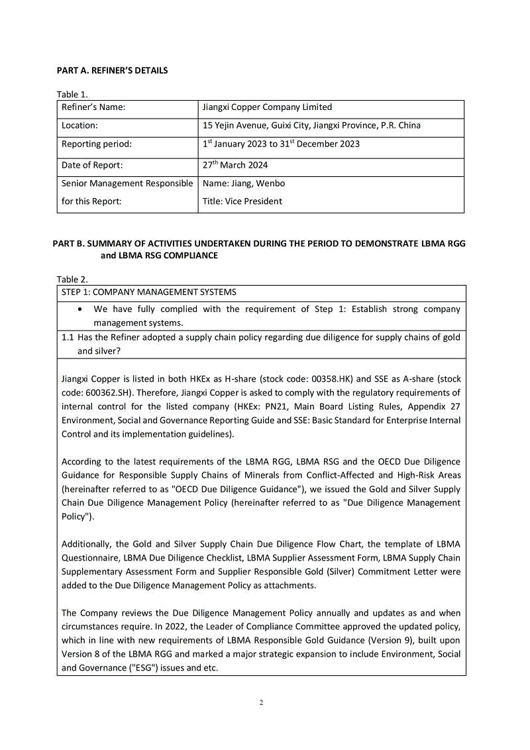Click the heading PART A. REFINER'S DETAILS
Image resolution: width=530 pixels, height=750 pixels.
tap(112, 71)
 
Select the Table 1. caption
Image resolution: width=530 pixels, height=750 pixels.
tap(72, 95)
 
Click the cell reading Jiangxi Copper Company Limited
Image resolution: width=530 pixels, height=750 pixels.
tap(267, 107)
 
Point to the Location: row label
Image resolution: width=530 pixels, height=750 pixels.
tap(79, 125)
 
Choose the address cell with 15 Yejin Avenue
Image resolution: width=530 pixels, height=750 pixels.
tap(311, 125)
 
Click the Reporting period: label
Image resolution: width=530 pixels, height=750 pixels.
tap(97, 144)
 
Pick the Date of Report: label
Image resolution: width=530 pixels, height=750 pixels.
tap(92, 165)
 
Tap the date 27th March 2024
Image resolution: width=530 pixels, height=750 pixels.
tap(235, 165)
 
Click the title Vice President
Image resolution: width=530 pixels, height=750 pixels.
tap(254, 201)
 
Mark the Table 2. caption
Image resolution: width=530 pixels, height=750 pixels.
tap(72, 280)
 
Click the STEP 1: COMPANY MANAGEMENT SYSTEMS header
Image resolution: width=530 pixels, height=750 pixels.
tap(148, 292)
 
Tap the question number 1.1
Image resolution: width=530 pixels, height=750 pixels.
tap(68, 337)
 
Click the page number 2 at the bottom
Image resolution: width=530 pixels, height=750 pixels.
tap(262, 703)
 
